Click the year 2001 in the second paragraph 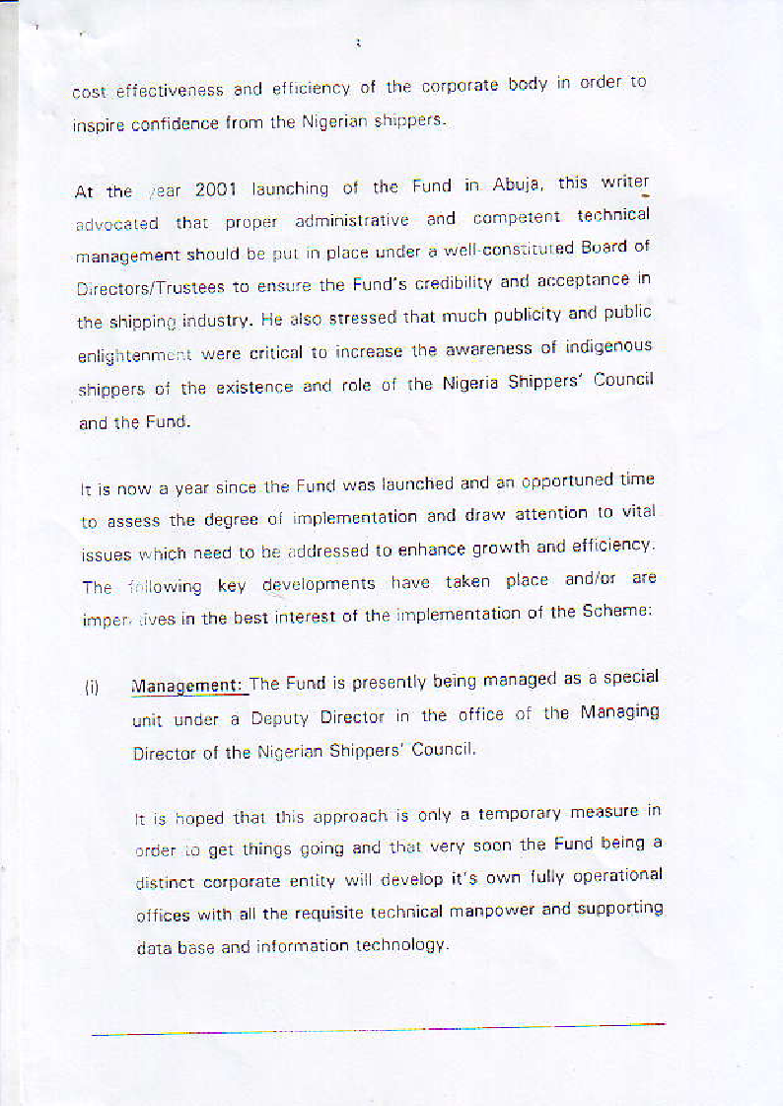click(217, 188)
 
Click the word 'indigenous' click(604, 347)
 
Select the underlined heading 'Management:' click(187, 686)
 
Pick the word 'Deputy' click(279, 719)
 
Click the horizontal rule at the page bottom click(379, 1030)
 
